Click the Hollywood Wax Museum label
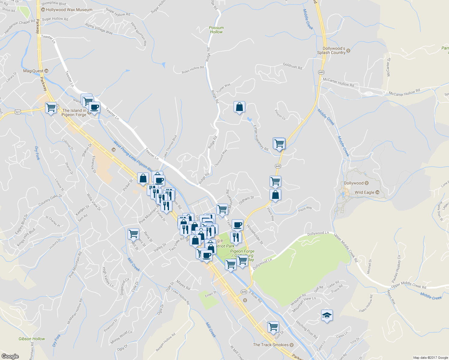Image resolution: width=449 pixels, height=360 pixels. coord(69,10)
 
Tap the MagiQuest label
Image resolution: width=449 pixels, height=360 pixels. coord(34,71)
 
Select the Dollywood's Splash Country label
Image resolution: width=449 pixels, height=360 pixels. coord(331,50)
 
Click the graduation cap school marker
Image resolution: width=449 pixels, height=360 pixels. coord(327,315)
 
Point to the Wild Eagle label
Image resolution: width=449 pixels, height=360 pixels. coord(364,192)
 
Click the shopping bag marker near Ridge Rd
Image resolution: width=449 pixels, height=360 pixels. coord(239,107)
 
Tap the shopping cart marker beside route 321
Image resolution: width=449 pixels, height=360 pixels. coord(51,107)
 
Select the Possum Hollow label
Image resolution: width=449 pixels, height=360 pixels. coord(216,30)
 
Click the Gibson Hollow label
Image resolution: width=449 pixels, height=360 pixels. coord(32,339)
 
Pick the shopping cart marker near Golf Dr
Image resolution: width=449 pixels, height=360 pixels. coord(273,327)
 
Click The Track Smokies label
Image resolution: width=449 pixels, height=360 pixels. coord(271,345)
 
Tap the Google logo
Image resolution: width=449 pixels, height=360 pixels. coord(10,356)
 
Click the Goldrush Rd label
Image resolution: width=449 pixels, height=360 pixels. coord(292,66)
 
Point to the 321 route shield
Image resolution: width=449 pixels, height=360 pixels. coord(18,112)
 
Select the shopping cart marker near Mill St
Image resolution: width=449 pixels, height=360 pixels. coord(133,234)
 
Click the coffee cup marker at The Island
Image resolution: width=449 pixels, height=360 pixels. coord(94,107)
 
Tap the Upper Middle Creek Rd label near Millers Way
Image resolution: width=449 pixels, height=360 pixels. coord(408,285)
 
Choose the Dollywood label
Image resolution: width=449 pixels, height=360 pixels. coord(354,183)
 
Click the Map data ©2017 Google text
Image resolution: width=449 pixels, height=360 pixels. coord(430,358)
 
